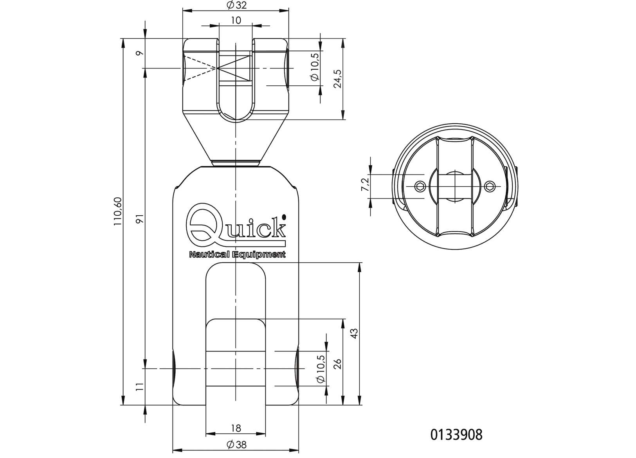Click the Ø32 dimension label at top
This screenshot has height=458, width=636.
pyautogui.click(x=236, y=5)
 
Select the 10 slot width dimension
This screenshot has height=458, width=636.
pyautogui.click(x=236, y=20)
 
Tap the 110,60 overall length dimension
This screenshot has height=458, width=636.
pyautogui.click(x=118, y=212)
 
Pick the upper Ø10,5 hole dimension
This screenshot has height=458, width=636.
pyautogui.click(x=314, y=67)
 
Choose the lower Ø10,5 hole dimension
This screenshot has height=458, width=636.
pyautogui.click(x=320, y=369)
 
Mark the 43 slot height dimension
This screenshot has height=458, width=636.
pyautogui.click(x=354, y=334)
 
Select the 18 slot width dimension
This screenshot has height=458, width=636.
pyautogui.click(x=236, y=428)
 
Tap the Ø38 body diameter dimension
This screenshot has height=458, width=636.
pyautogui.click(x=236, y=445)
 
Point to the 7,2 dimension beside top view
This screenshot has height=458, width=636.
pyautogui.click(x=365, y=184)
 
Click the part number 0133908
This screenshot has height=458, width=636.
pyautogui.click(x=456, y=435)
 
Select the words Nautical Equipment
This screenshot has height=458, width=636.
pyautogui.click(x=237, y=255)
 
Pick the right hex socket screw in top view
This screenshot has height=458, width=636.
pyautogui.click(x=489, y=186)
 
